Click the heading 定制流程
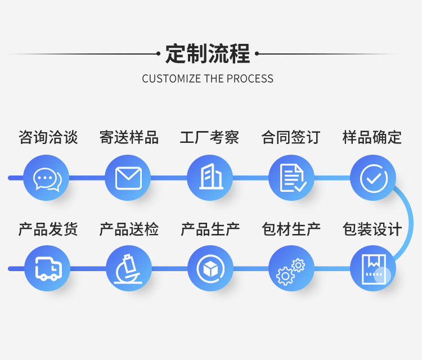tap(208, 54)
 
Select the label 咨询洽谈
tap(48, 137)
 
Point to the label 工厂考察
tap(210, 137)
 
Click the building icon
tap(210, 178)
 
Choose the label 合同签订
tap(291, 137)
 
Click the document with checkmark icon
tap(291, 178)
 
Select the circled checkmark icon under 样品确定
tap(372, 178)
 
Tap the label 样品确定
tap(372, 137)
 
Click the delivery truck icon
tap(47, 268)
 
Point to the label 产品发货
tap(48, 229)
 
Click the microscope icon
tap(128, 268)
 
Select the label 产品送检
tap(129, 229)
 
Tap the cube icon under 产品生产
tap(210, 268)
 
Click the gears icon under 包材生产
tap(291, 270)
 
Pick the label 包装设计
tap(372, 229)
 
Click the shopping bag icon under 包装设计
tap(372, 268)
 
